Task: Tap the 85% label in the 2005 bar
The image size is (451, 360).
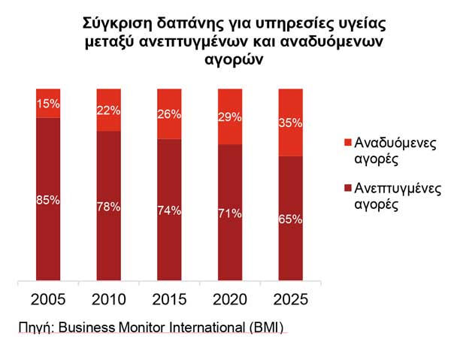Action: (x=48, y=200)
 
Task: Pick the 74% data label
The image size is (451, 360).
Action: (x=169, y=210)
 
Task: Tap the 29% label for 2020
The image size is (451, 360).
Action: (x=230, y=117)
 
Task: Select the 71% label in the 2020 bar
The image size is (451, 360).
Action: (x=230, y=214)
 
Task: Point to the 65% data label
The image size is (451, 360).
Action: (x=291, y=219)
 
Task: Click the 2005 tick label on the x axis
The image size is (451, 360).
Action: (x=48, y=300)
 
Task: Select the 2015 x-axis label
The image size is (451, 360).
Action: (x=169, y=300)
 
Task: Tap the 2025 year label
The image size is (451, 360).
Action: (x=291, y=300)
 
